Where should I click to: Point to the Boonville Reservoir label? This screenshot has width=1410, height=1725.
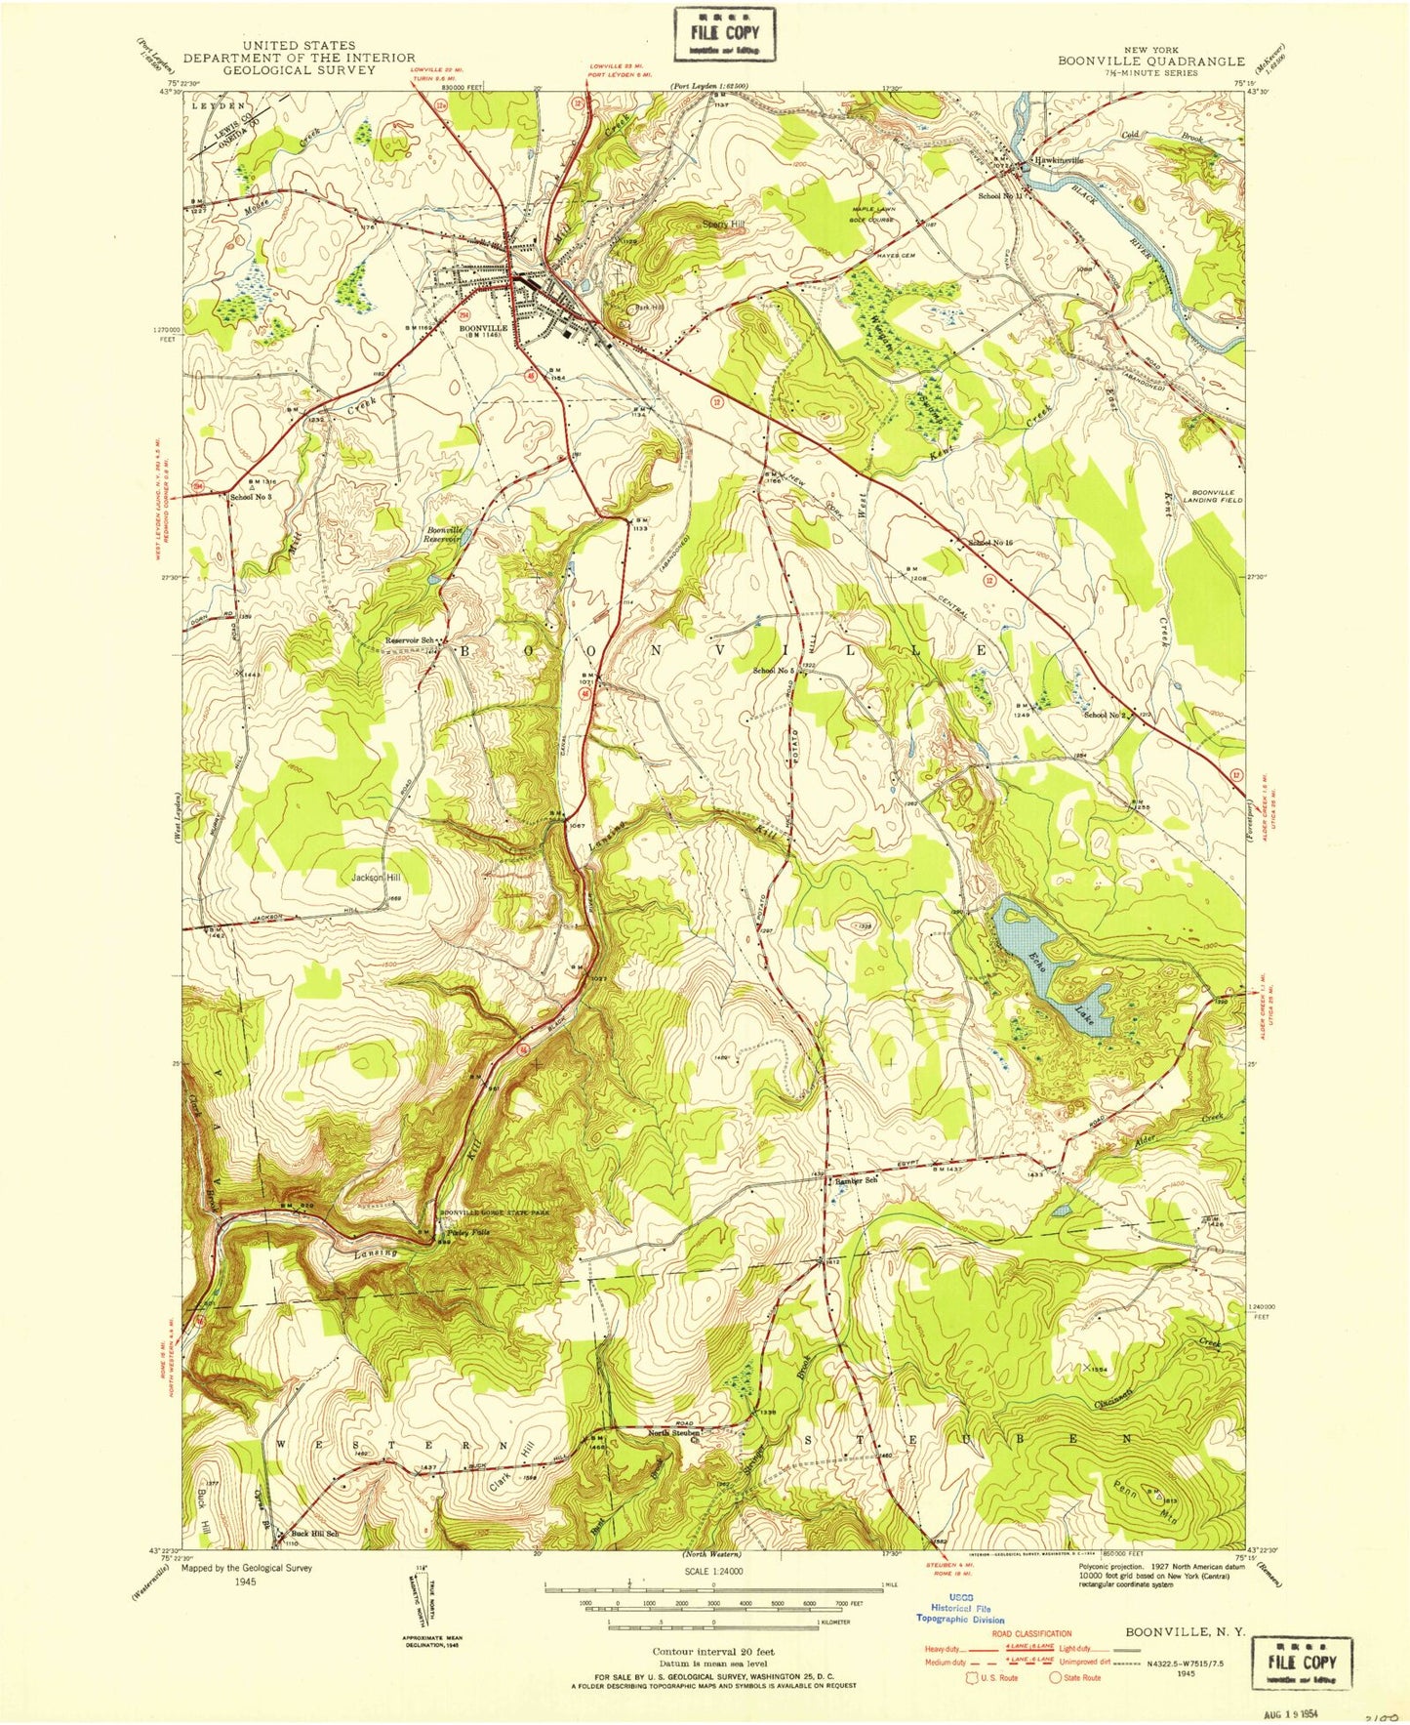click(443, 534)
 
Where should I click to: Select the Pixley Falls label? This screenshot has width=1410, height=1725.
click(468, 1232)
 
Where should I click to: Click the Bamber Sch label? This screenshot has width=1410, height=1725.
click(856, 1179)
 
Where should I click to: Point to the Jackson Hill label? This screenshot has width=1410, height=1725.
click(376, 878)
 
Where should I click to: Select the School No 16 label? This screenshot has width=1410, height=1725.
click(990, 542)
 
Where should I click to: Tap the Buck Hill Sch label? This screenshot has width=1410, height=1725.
click(312, 1534)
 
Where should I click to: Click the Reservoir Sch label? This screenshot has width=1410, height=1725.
click(409, 640)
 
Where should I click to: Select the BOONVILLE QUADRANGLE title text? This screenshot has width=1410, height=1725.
click(1150, 61)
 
